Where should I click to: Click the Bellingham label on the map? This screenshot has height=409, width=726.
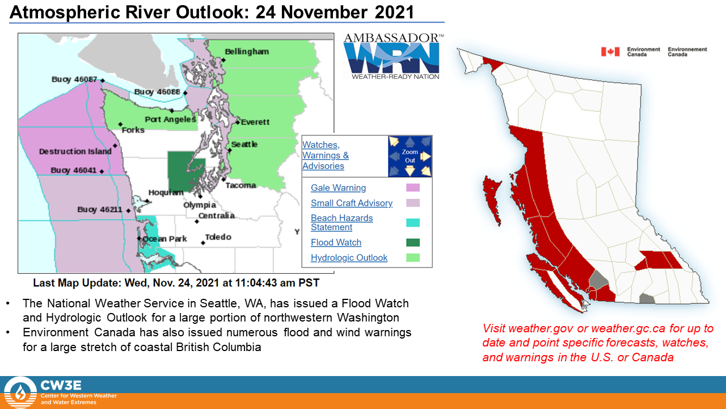coord(247,52)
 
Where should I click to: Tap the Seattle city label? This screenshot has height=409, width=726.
coord(244,144)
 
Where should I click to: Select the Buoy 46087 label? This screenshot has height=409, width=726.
coord(74,80)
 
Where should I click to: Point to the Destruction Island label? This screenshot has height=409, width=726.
coord(75,151)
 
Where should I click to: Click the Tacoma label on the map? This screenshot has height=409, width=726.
coord(241,185)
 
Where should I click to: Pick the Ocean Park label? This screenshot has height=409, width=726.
coord(164,239)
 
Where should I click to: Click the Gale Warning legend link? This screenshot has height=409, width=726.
coord(339,187)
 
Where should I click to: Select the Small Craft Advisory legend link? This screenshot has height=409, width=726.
coord(352,203)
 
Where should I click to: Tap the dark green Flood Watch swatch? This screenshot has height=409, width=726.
coord(413,243)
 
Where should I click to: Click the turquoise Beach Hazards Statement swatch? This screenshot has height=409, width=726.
coord(413,223)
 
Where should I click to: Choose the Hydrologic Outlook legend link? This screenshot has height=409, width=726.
coord(349,258)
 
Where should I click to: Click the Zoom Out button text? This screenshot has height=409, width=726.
coord(410,156)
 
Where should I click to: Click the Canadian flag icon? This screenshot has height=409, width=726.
coord(610,52)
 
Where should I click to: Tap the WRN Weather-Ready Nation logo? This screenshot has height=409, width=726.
coord(393,56)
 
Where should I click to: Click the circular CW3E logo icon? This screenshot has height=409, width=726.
coord(20,393)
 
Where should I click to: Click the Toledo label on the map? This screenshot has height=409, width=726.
coord(218,237)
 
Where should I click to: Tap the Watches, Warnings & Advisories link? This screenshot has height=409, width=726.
coord(326,155)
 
